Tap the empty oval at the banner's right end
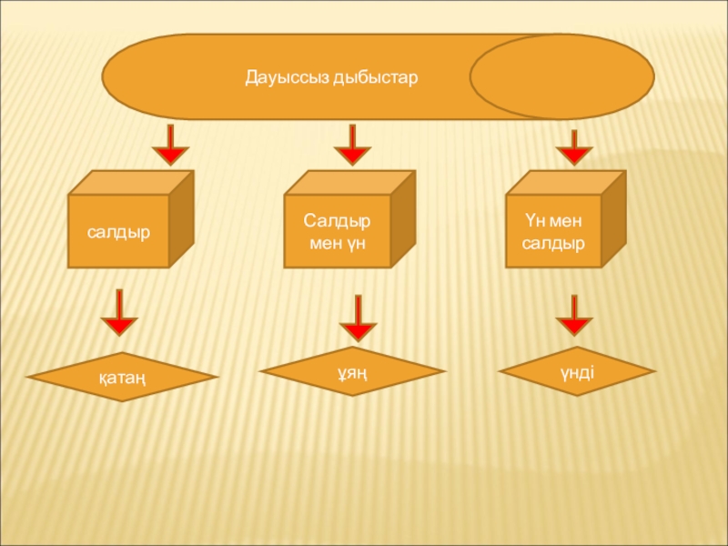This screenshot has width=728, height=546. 561,77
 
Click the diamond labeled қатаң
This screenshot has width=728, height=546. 119,377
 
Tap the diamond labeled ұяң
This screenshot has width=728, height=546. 353,371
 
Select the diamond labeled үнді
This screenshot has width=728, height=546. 577,370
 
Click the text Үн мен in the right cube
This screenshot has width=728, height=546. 552,221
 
